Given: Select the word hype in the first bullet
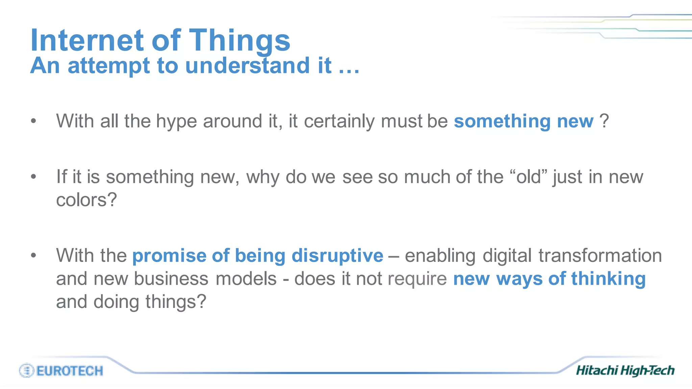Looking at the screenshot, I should [176, 121].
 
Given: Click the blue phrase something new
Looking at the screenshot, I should [523, 121].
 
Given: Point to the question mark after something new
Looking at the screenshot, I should [604, 121].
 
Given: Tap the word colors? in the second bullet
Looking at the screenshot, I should [86, 200].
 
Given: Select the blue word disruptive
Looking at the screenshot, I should [337, 256].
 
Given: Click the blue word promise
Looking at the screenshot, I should [169, 256].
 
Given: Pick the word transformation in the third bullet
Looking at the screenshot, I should [600, 256].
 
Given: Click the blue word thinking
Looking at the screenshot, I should [608, 279].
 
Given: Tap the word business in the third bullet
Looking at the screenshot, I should [172, 279].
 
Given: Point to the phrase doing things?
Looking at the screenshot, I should [150, 302].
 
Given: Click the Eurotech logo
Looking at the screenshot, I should [61, 371].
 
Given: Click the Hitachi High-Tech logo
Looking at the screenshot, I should [625, 370].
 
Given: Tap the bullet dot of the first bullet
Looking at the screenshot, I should [33, 121].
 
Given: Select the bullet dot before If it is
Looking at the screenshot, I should [33, 177].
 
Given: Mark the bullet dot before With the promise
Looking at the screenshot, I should [33, 255].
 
